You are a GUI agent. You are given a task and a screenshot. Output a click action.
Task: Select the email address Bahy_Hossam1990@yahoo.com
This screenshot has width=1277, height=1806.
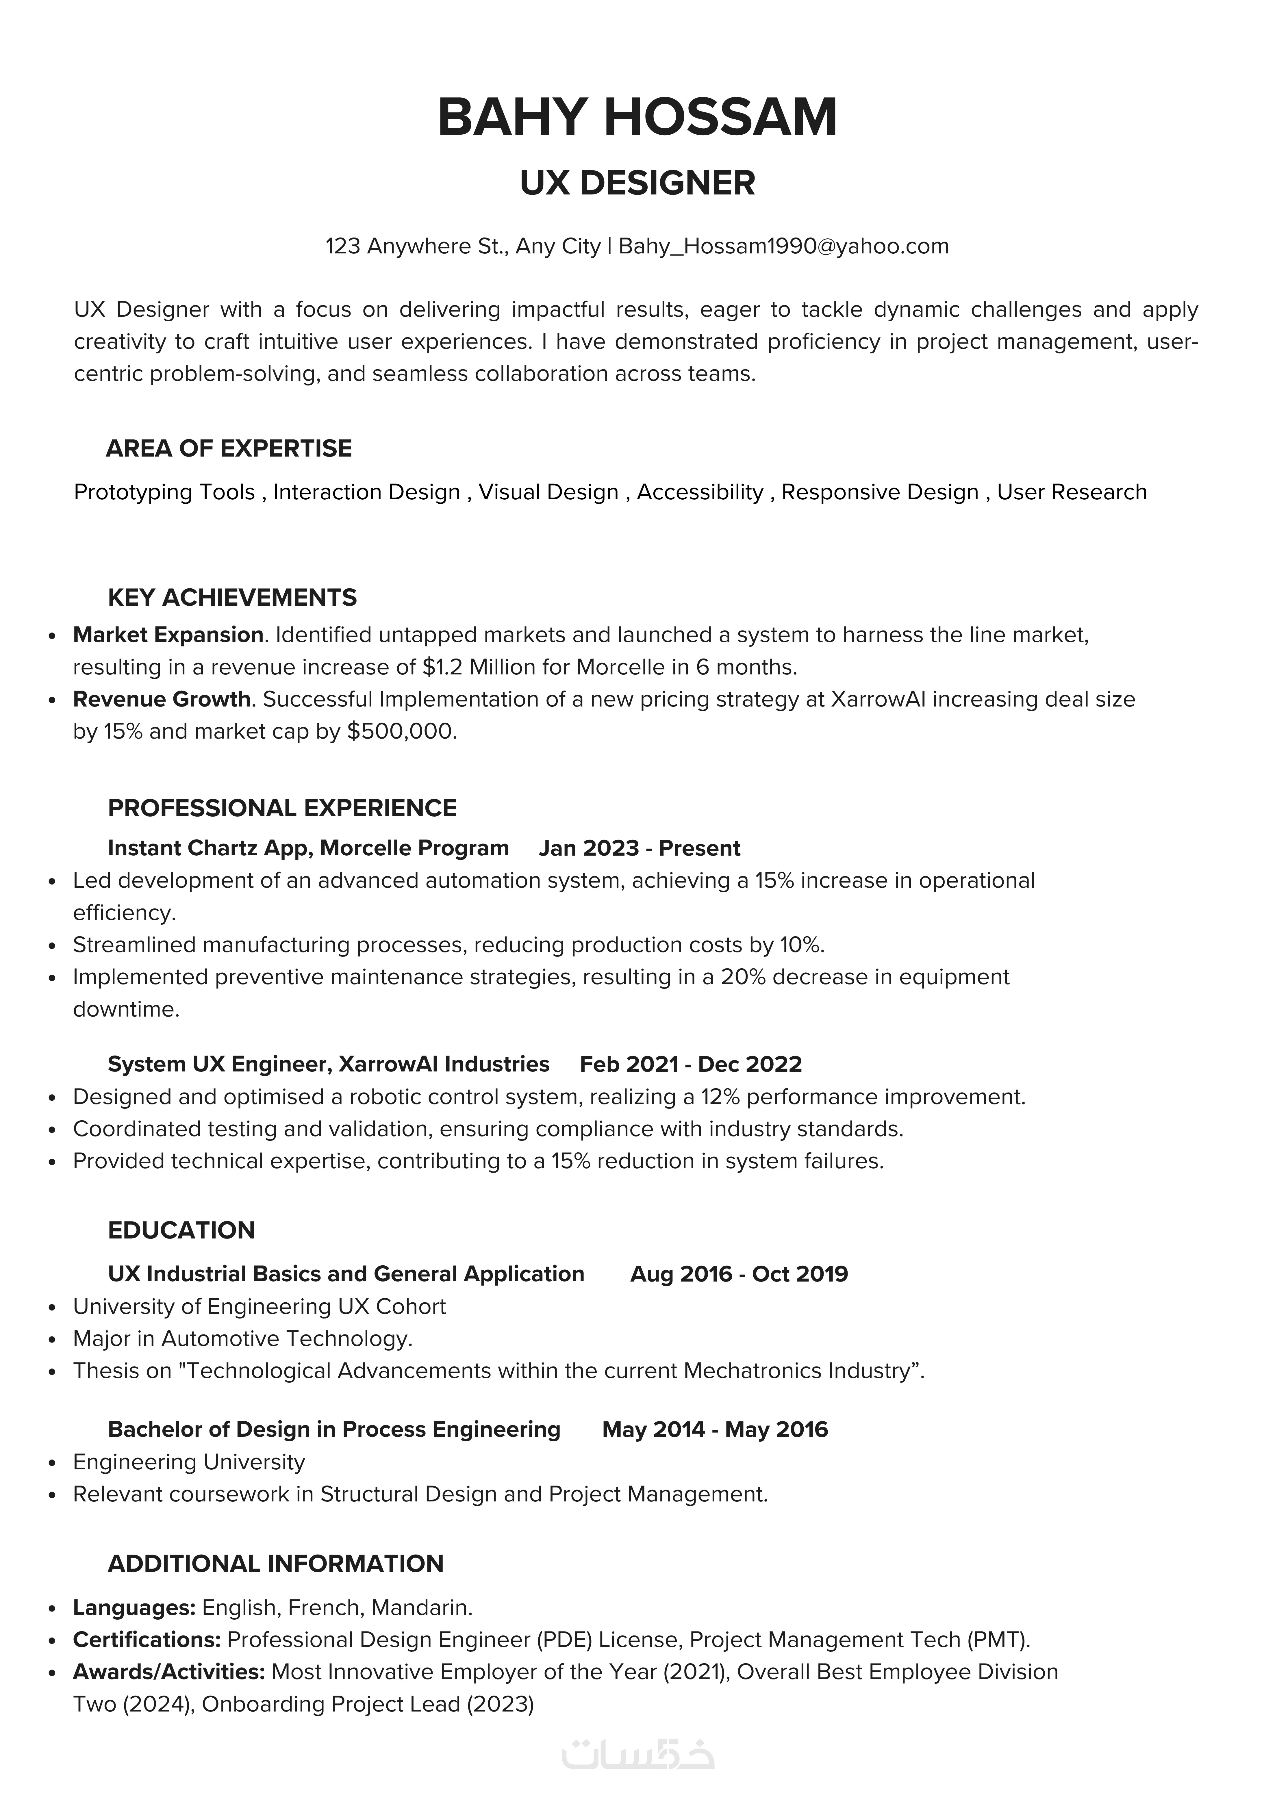[x=784, y=246]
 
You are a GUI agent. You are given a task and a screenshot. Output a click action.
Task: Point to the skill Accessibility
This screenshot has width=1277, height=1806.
[x=700, y=492]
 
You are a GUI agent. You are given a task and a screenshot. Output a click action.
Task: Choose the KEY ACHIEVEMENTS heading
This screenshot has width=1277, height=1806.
[x=232, y=598]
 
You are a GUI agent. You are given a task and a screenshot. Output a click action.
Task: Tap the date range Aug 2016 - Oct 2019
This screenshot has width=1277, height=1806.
[x=739, y=1274]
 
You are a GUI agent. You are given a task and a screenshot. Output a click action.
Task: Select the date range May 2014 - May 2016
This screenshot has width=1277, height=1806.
[x=715, y=1429]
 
